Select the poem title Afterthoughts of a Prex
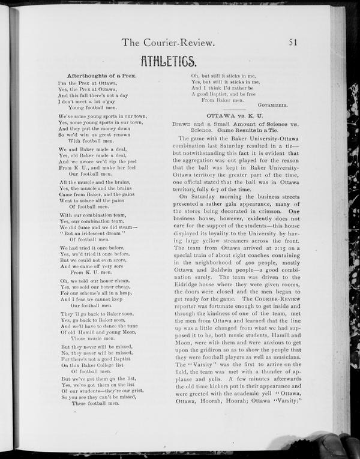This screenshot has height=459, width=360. [102, 76]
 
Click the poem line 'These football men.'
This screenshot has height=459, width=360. [95, 403]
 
